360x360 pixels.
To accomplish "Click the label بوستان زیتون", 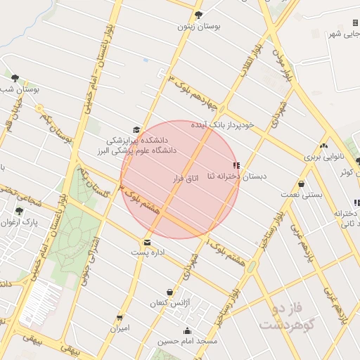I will [x=199, y=27].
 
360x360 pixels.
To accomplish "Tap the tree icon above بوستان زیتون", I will [x=199, y=15].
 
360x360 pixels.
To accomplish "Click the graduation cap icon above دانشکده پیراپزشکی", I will [x=136, y=129].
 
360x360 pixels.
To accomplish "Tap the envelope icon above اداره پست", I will [x=147, y=241].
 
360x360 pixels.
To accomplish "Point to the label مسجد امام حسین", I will [x=187, y=342].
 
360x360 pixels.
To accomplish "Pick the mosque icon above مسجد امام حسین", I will [x=187, y=331].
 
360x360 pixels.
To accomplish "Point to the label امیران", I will [x=120, y=328].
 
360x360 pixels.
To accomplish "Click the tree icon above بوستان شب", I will [x=15, y=78].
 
